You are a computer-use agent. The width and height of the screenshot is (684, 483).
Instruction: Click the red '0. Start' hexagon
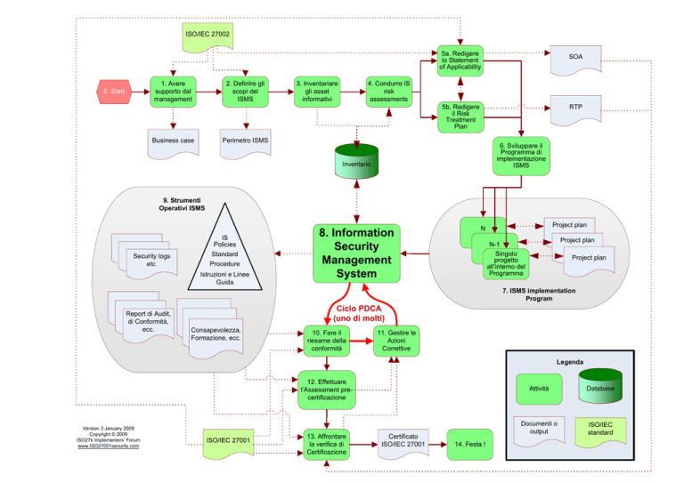(x=114, y=92)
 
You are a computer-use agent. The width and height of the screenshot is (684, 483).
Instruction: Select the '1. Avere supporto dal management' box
(x=173, y=92)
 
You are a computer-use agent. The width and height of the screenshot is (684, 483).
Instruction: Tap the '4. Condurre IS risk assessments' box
(x=388, y=92)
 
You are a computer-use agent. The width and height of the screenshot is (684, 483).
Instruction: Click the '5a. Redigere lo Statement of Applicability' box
(x=460, y=60)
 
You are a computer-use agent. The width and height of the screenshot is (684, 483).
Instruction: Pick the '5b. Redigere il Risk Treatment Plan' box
(x=460, y=117)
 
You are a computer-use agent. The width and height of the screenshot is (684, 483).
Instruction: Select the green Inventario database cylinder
(x=356, y=161)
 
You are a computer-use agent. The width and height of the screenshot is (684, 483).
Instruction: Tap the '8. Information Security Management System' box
(x=356, y=253)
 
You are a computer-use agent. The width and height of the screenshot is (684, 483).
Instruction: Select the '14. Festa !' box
(x=470, y=444)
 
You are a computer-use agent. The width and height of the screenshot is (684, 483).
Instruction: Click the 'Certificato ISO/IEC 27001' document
(x=403, y=444)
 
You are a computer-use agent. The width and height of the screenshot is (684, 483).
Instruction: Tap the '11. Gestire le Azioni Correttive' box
(x=396, y=341)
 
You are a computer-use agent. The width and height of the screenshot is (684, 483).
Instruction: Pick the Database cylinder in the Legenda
(x=600, y=386)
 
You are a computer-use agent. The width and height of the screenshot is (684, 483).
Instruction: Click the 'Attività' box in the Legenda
(x=539, y=389)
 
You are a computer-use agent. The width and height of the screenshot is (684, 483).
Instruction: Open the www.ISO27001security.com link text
(x=108, y=446)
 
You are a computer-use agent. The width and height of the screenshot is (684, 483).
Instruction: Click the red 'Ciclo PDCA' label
(x=359, y=309)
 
